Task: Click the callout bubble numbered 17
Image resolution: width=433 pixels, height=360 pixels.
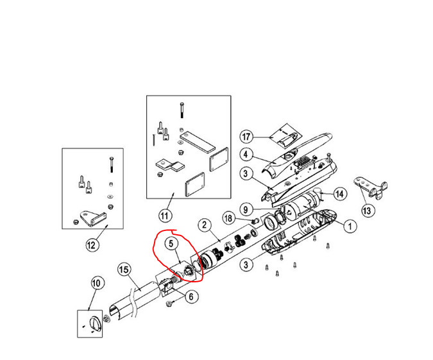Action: tap(246, 137)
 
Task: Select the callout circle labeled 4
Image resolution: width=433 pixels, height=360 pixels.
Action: tap(246, 155)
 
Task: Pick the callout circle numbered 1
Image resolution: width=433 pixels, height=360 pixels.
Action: tap(350, 226)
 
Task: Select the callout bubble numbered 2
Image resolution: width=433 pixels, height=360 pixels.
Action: tap(204, 225)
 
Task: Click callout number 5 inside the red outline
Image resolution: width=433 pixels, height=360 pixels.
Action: tap(171, 243)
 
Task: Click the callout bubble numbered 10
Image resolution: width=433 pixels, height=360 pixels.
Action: tap(96, 282)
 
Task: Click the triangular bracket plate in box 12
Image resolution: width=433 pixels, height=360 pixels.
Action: tap(90, 218)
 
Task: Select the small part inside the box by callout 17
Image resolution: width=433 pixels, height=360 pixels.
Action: tap(280, 136)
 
